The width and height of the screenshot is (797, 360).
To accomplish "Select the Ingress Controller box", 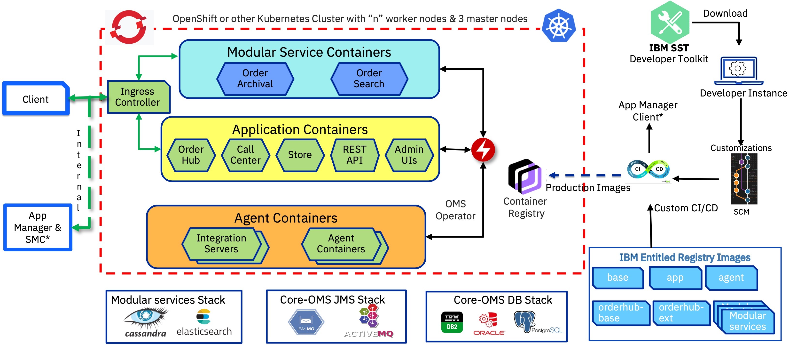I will pos(138,97).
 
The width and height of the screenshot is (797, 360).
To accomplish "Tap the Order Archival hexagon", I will pos(255,79).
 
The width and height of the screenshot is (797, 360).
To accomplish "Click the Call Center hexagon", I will pos(245,155).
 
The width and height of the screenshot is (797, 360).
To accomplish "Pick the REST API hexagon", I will pos(355,155).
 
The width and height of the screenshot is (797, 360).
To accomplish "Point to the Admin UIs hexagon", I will pos(409,155).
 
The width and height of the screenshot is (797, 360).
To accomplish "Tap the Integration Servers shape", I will pos(221,244).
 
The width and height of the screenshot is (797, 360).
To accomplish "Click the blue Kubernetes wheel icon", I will pos(559,26).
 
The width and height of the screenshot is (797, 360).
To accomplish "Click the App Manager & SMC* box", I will pos(38,227).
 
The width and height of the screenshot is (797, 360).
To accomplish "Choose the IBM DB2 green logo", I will pos(452,322).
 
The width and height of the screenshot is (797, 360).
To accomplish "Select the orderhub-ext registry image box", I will pos(681,313).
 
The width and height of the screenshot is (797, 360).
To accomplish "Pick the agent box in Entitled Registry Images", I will pos(731,278).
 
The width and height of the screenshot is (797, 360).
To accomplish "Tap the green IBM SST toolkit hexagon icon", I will pos(670,22).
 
